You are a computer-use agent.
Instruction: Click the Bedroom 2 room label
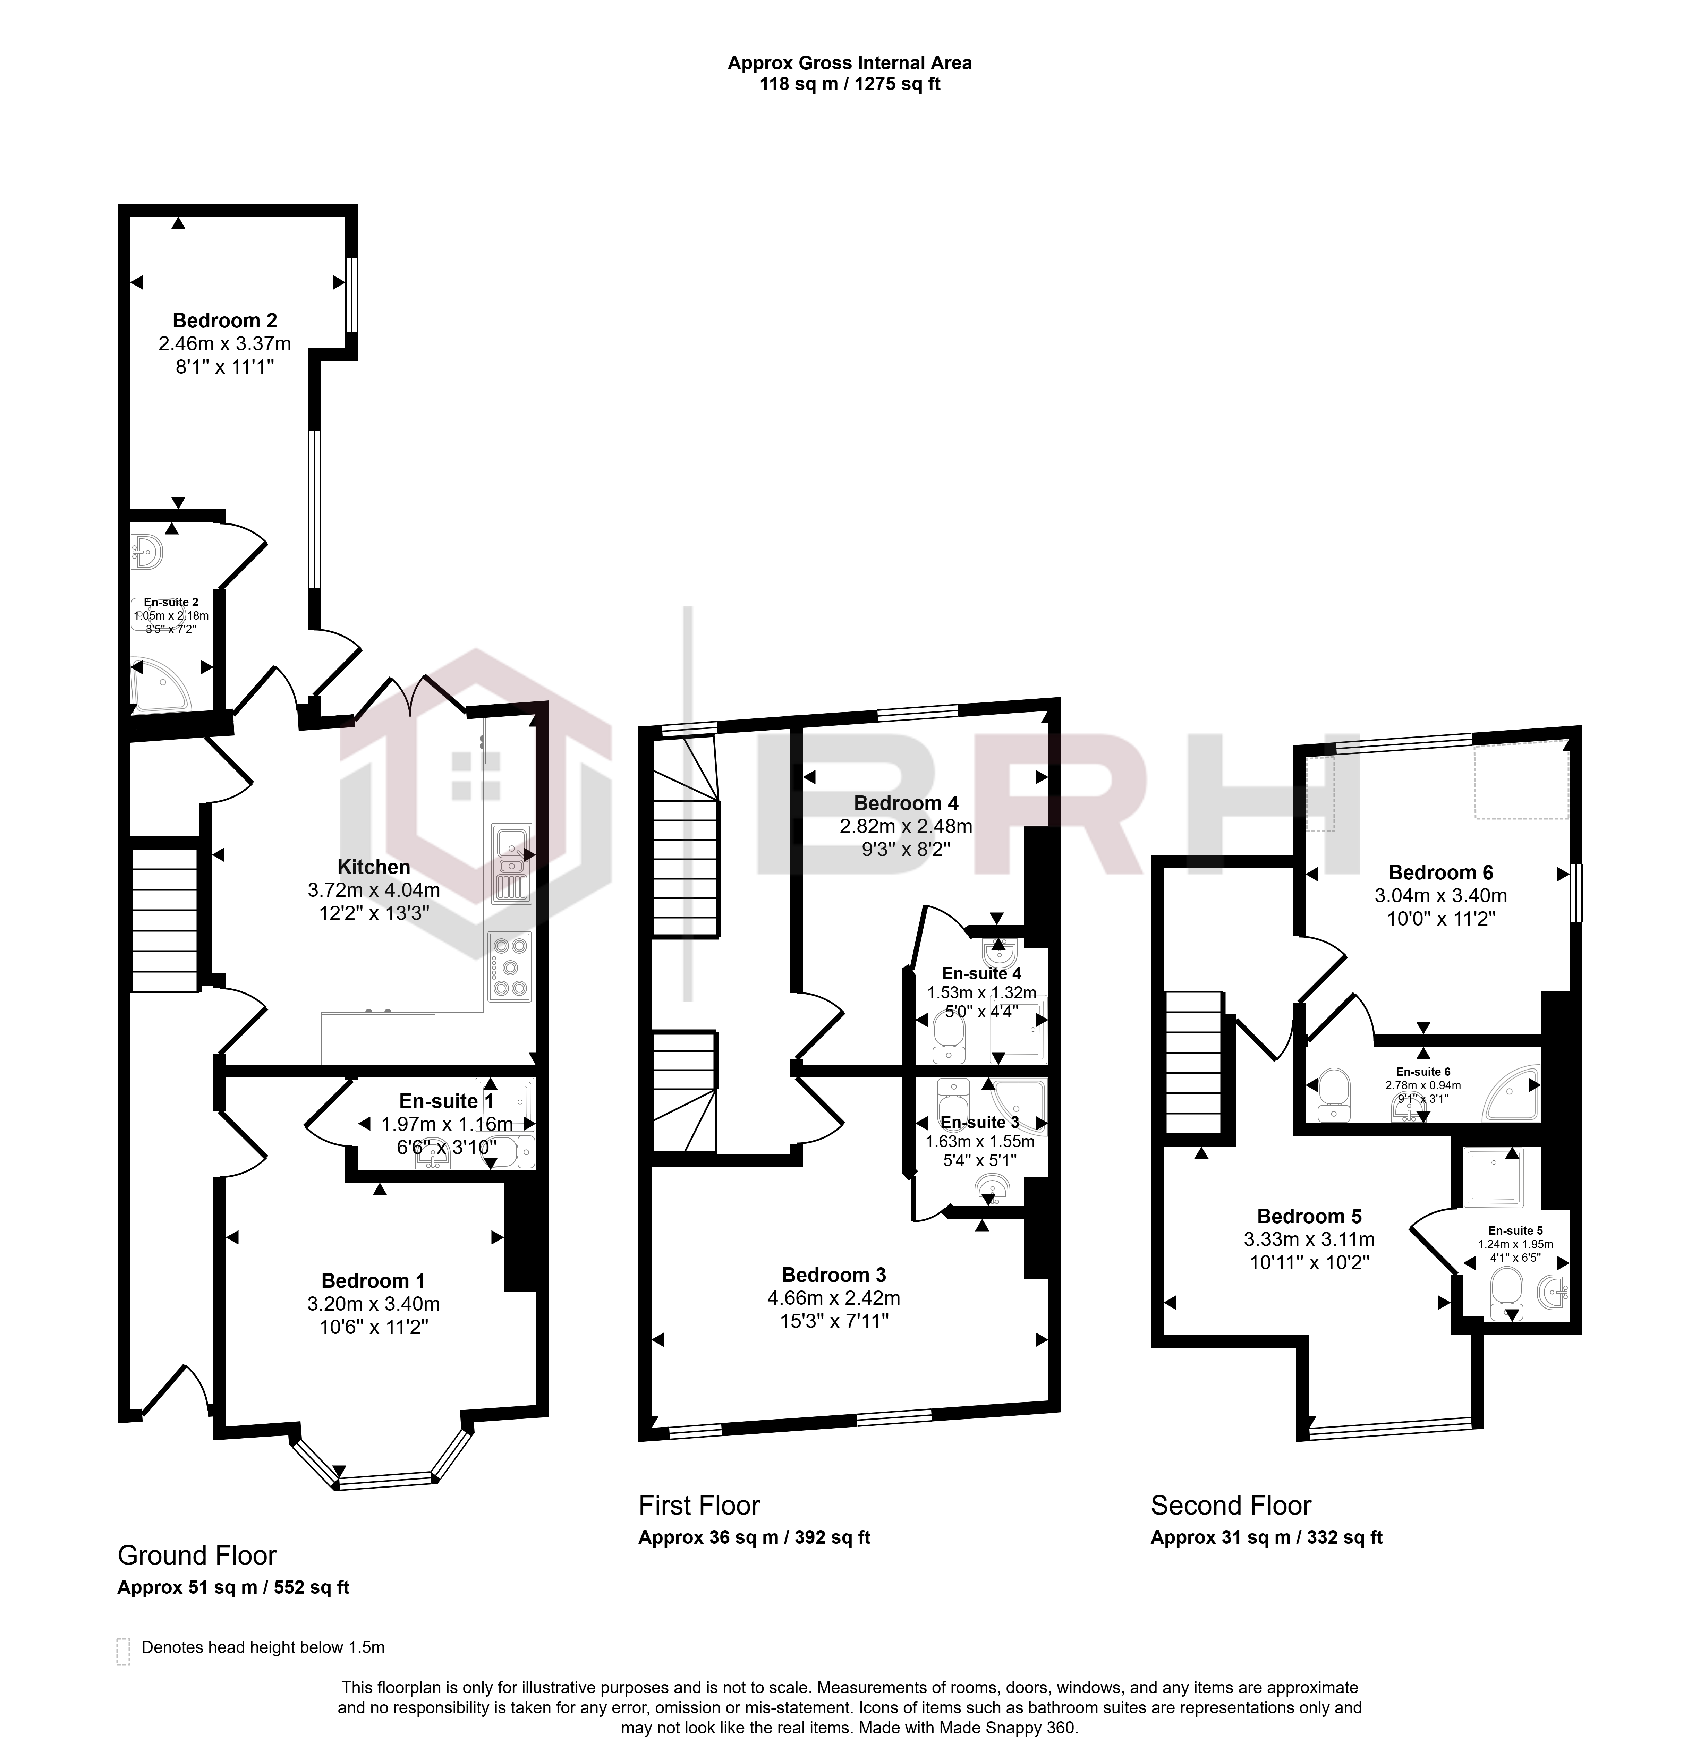click(225, 321)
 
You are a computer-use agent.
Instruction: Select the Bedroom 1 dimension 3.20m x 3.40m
click(373, 1304)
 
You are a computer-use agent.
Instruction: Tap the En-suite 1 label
click(447, 1101)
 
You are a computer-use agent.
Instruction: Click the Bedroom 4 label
click(906, 803)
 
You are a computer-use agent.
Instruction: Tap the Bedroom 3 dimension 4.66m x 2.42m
click(834, 1298)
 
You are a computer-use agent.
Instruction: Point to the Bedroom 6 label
click(1441, 872)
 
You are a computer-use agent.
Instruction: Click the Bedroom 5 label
click(1309, 1217)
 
